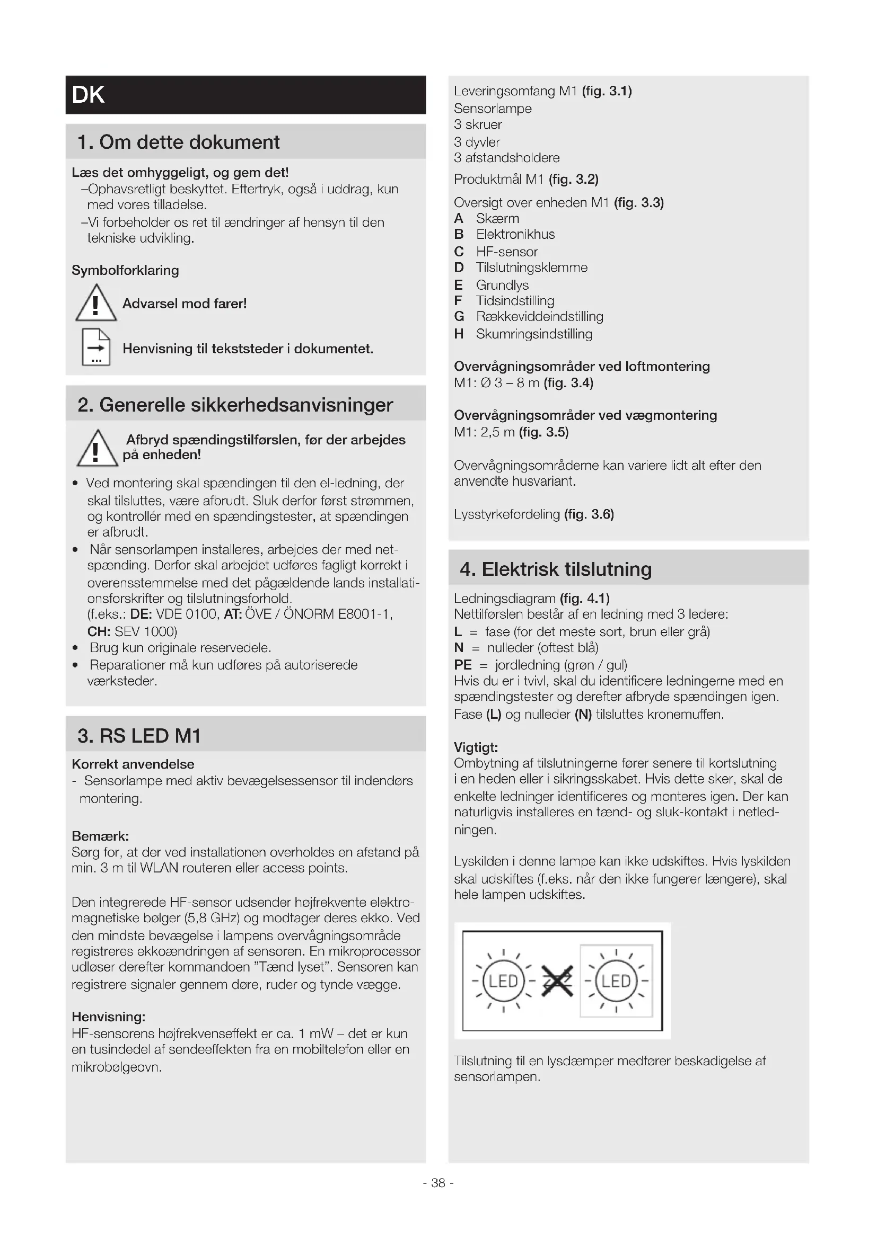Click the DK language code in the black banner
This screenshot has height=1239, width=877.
(88, 95)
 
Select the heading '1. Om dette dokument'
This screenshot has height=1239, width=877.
(178, 142)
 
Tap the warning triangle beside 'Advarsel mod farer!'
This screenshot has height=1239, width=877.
(95, 304)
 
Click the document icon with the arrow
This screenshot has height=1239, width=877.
(96, 347)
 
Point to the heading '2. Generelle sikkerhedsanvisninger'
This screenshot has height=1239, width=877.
(235, 405)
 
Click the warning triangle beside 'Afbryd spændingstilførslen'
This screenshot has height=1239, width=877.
(97, 449)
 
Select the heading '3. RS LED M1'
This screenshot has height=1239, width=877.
(139, 736)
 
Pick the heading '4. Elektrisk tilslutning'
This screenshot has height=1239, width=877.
(556, 569)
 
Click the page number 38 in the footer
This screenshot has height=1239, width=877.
(438, 1183)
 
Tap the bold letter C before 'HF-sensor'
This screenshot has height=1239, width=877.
(459, 252)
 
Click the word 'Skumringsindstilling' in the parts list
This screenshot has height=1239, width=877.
(533, 334)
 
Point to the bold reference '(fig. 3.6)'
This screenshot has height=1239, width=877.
(589, 514)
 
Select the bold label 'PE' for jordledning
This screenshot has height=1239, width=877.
(463, 665)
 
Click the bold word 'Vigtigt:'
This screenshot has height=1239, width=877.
(476, 747)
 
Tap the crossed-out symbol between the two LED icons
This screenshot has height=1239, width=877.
(557, 980)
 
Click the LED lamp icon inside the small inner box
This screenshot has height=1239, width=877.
(616, 980)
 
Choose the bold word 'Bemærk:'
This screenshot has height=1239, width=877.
(100, 836)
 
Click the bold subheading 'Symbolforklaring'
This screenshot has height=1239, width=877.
(125, 270)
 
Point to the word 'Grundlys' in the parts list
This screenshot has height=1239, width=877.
(502, 285)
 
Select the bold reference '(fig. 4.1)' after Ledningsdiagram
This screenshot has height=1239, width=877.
(584, 598)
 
